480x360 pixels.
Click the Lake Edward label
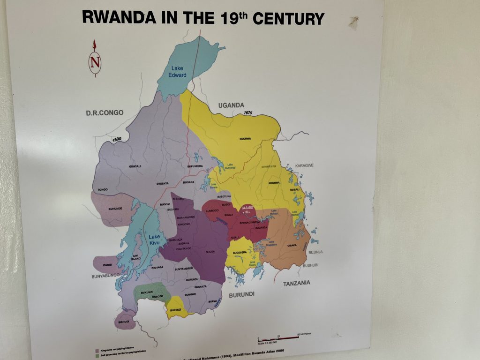pyautogui.click(x=178, y=72)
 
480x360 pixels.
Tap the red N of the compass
pyautogui.click(x=95, y=61)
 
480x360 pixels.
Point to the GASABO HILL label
pyautogui.click(x=247, y=210)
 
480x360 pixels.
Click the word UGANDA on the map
pyautogui.click(x=231, y=105)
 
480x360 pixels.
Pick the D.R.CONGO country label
pyautogui.click(x=105, y=112)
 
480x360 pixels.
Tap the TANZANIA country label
pyautogui.click(x=296, y=283)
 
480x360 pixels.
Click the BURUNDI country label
pyautogui.click(x=242, y=294)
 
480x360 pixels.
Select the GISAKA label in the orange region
pyautogui.click(x=292, y=245)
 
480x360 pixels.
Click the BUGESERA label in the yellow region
pyautogui.click(x=240, y=252)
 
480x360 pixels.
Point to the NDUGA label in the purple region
pyautogui.click(x=210, y=251)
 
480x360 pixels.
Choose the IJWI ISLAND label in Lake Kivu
pyautogui.click(x=136, y=257)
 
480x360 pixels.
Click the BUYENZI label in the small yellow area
pyautogui.click(x=176, y=310)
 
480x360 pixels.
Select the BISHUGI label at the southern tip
pyautogui.click(x=124, y=322)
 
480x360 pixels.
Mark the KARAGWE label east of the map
pyautogui.click(x=304, y=165)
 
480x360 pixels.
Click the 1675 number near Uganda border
pyautogui.click(x=248, y=113)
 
